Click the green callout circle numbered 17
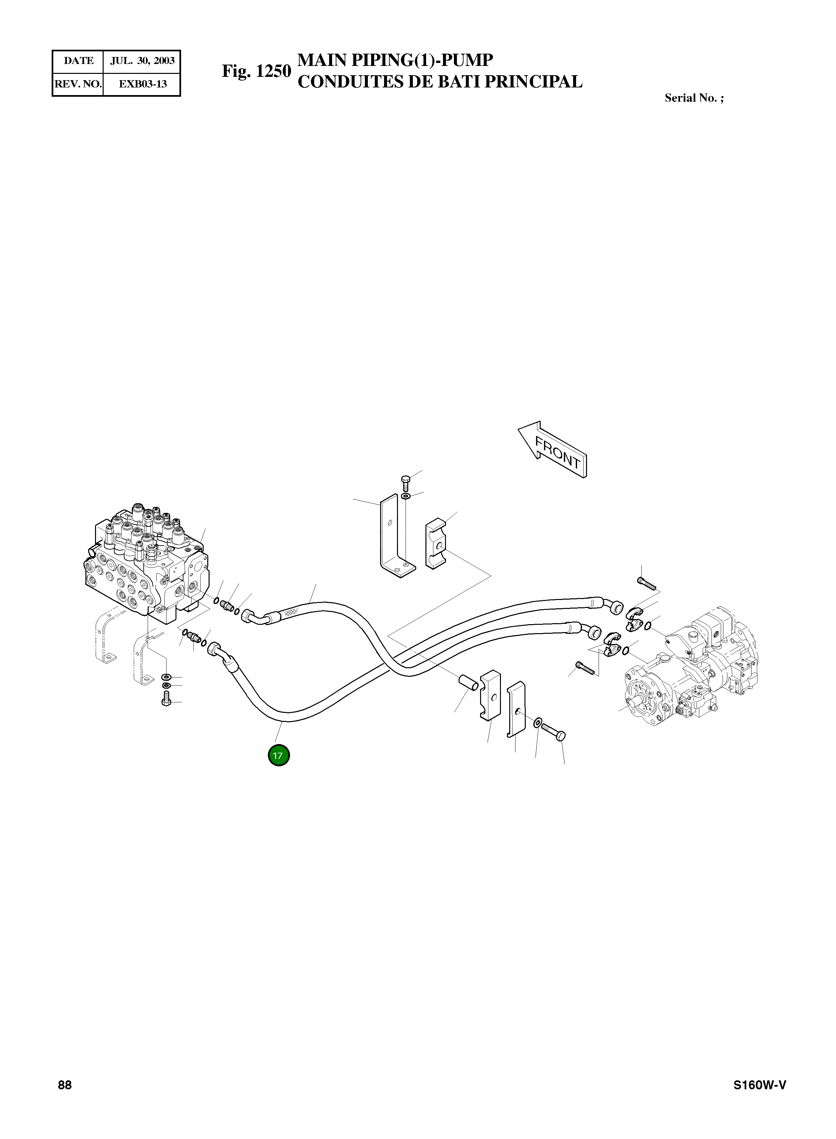click(x=278, y=756)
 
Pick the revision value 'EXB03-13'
click(x=142, y=84)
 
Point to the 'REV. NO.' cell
click(x=78, y=84)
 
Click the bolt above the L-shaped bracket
click(x=405, y=483)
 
